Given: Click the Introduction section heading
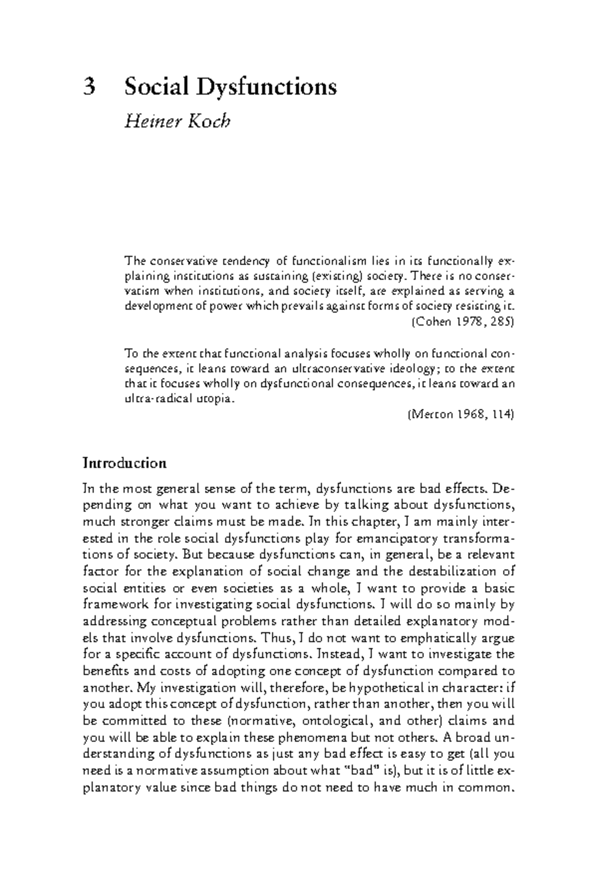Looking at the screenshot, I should (x=124, y=463).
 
